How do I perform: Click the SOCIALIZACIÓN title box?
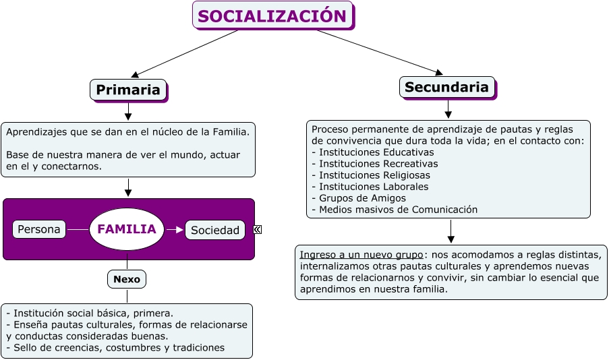[273, 16]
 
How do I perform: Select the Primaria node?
[129, 90]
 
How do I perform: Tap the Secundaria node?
[448, 88]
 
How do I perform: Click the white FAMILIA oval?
[127, 229]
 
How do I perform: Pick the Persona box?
[39, 229]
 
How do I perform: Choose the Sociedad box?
[214, 230]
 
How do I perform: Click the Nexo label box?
[127, 279]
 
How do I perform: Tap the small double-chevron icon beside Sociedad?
[257, 229]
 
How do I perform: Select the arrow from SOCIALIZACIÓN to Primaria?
[185, 53]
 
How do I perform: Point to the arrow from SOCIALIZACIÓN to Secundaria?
[380, 52]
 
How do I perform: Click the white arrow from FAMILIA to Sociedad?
[175, 230]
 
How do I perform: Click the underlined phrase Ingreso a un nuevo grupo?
[361, 255]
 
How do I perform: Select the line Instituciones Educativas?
[373, 152]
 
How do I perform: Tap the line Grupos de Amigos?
[359, 198]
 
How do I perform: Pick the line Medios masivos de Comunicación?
[395, 210]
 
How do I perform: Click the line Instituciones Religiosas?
[371, 175]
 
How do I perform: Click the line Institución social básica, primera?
[90, 313]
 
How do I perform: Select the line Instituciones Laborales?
[370, 187]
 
